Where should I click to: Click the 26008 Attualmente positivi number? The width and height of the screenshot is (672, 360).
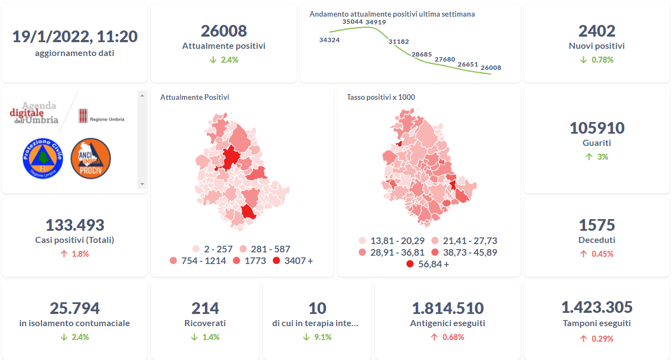[224, 31]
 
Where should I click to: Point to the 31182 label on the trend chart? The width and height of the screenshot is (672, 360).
[399, 42]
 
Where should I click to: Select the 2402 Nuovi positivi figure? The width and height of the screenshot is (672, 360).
[597, 31]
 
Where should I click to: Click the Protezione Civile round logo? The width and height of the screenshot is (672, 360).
[43, 158]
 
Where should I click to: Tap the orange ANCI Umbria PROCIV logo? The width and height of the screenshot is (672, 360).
[91, 158]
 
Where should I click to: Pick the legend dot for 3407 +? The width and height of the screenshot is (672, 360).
[277, 261]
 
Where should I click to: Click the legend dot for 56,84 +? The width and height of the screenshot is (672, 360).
[410, 264]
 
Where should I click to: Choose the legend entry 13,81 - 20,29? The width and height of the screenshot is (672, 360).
[391, 241]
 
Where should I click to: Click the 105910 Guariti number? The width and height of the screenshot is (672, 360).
[597, 128]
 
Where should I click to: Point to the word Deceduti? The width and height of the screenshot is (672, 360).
[597, 240]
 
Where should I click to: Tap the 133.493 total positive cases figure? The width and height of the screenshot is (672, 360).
[75, 225]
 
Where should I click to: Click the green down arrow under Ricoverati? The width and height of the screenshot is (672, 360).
[194, 337]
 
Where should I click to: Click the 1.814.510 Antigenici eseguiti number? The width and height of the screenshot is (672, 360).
[447, 308]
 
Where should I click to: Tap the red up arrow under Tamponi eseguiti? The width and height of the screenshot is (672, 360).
[584, 338]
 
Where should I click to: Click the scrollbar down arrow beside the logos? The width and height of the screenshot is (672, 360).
[142, 184]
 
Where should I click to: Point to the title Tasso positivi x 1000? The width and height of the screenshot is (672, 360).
[381, 97]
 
